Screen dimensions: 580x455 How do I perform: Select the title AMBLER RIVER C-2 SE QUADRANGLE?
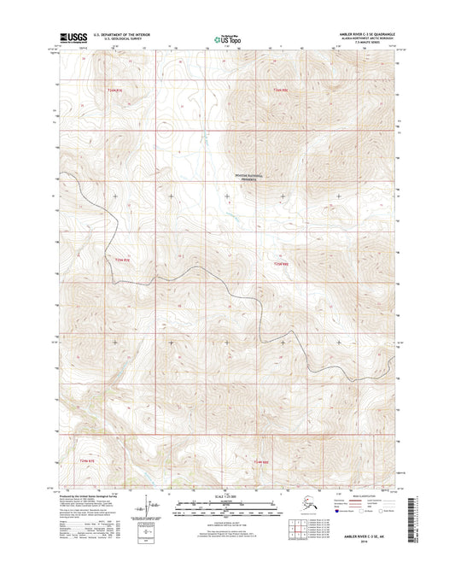pos(361,34)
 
